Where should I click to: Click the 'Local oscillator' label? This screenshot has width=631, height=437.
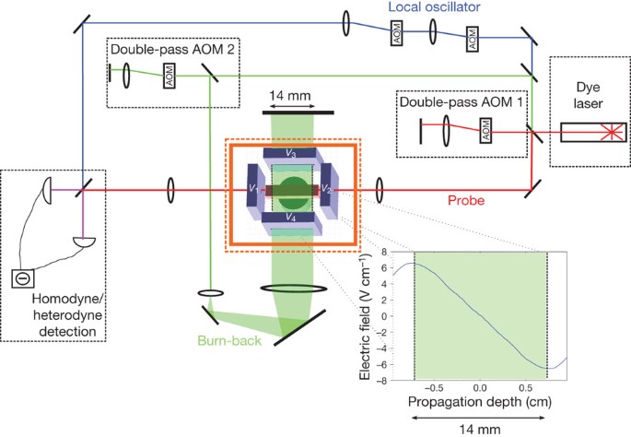[434, 6]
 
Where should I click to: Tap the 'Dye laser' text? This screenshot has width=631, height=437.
[588, 95]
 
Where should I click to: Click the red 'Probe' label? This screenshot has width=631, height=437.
[466, 200]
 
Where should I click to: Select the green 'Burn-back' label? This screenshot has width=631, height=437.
[229, 341]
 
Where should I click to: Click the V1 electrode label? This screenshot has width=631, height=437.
[253, 188]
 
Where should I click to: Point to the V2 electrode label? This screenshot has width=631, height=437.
[326, 189]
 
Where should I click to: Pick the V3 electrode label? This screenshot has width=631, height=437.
[291, 153]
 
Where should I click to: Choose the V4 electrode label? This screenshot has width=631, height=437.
[290, 218]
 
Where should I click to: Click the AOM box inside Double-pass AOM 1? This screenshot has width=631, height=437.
[485, 130]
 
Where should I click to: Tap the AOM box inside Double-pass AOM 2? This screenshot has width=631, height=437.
[169, 76]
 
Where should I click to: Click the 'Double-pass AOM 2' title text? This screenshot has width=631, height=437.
[172, 49]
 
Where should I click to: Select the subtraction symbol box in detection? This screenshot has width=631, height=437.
[23, 278]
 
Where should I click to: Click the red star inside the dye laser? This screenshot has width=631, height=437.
[612, 132]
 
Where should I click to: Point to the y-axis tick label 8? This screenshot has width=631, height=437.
[384, 252]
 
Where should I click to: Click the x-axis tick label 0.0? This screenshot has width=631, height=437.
[479, 388]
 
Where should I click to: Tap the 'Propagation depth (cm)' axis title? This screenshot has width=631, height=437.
[479, 402]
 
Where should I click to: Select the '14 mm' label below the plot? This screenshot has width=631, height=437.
[479, 430]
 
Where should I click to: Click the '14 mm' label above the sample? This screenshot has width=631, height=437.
[290, 96]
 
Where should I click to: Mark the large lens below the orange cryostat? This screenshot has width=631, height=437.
[293, 289]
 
